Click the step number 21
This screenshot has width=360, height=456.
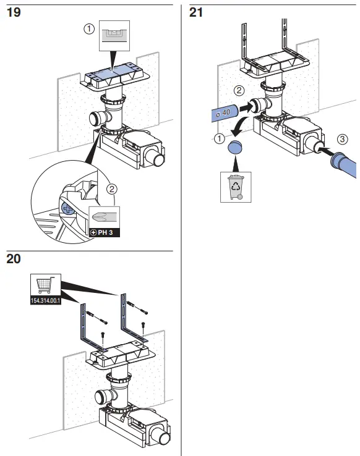click(x=196, y=12)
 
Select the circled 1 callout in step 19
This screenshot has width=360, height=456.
click(x=89, y=29)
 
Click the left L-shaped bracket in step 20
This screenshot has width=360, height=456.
click(x=85, y=321)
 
